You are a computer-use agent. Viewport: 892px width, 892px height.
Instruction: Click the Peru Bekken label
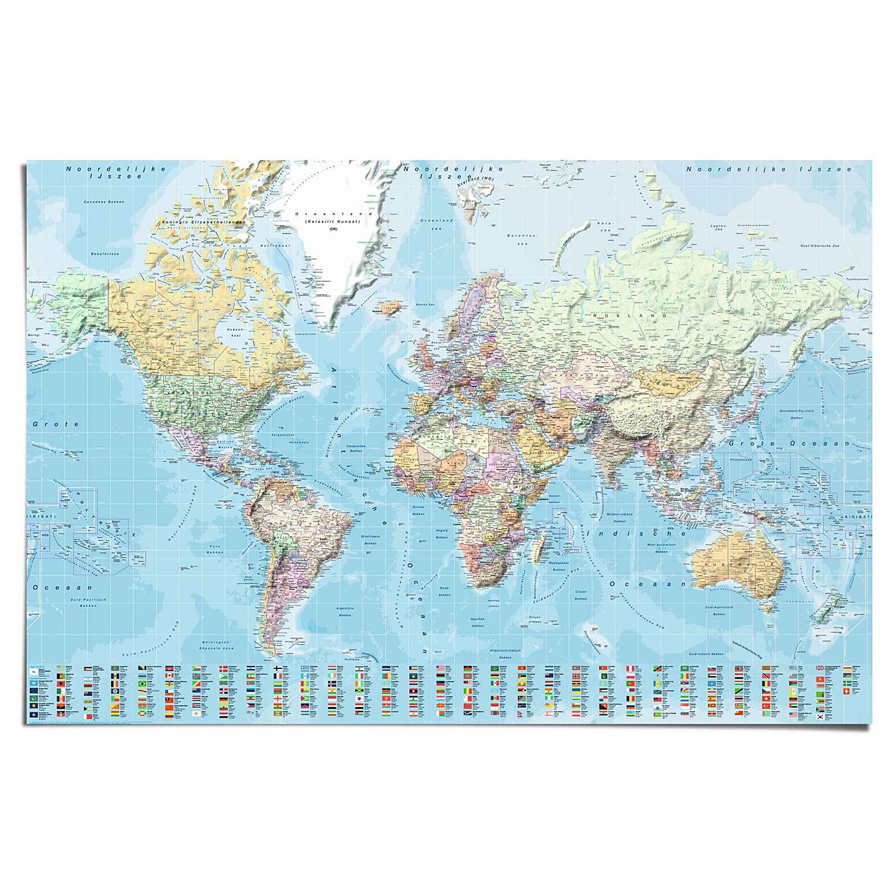pos(215,549)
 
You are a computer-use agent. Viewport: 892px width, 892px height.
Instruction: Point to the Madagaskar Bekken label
pos(558,566)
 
